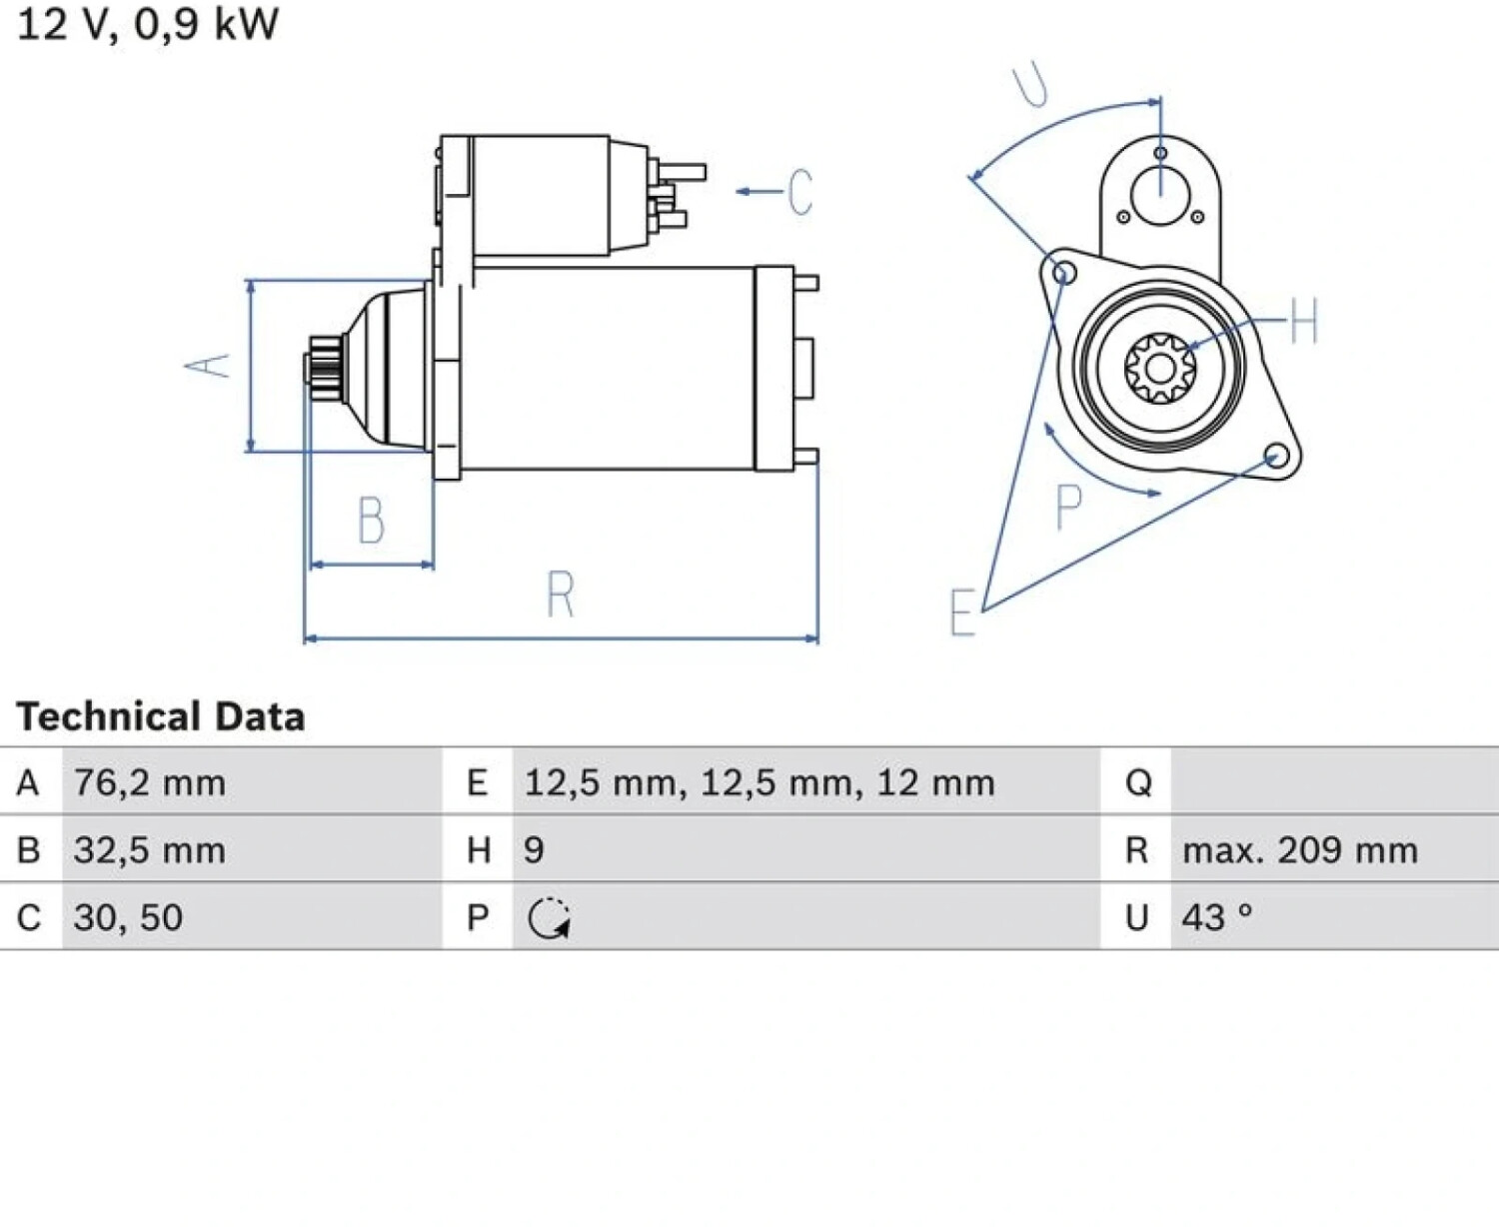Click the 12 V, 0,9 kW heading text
click(x=147, y=24)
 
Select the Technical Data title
click(x=161, y=715)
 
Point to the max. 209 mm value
click(x=1300, y=850)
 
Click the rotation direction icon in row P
click(x=549, y=918)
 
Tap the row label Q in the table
click(x=1138, y=783)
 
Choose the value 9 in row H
click(x=534, y=850)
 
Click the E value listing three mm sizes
click(x=759, y=782)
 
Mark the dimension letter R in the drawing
click(x=560, y=593)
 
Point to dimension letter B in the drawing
click(x=371, y=520)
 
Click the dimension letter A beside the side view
click(x=207, y=366)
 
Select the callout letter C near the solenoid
click(x=800, y=192)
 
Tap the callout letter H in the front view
click(x=1303, y=321)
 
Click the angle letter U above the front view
click(x=1030, y=85)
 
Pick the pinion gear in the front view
click(x=1160, y=369)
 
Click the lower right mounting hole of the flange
click(x=1276, y=456)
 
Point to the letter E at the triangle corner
click(x=963, y=613)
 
